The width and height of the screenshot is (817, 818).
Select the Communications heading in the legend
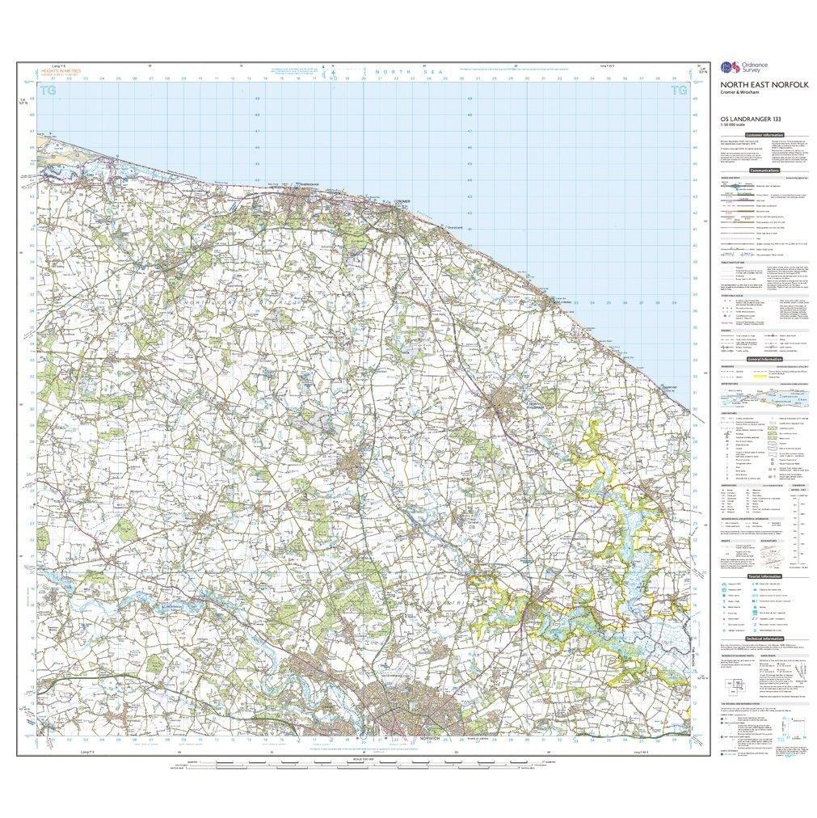[x=764, y=171]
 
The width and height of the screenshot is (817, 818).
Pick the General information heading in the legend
[x=762, y=358]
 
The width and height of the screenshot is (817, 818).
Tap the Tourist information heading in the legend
[x=763, y=577]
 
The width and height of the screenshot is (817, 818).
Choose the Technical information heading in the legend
[x=762, y=639]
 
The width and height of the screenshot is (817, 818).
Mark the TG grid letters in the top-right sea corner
[x=677, y=91]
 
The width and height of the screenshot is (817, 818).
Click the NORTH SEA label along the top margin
[x=390, y=73]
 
